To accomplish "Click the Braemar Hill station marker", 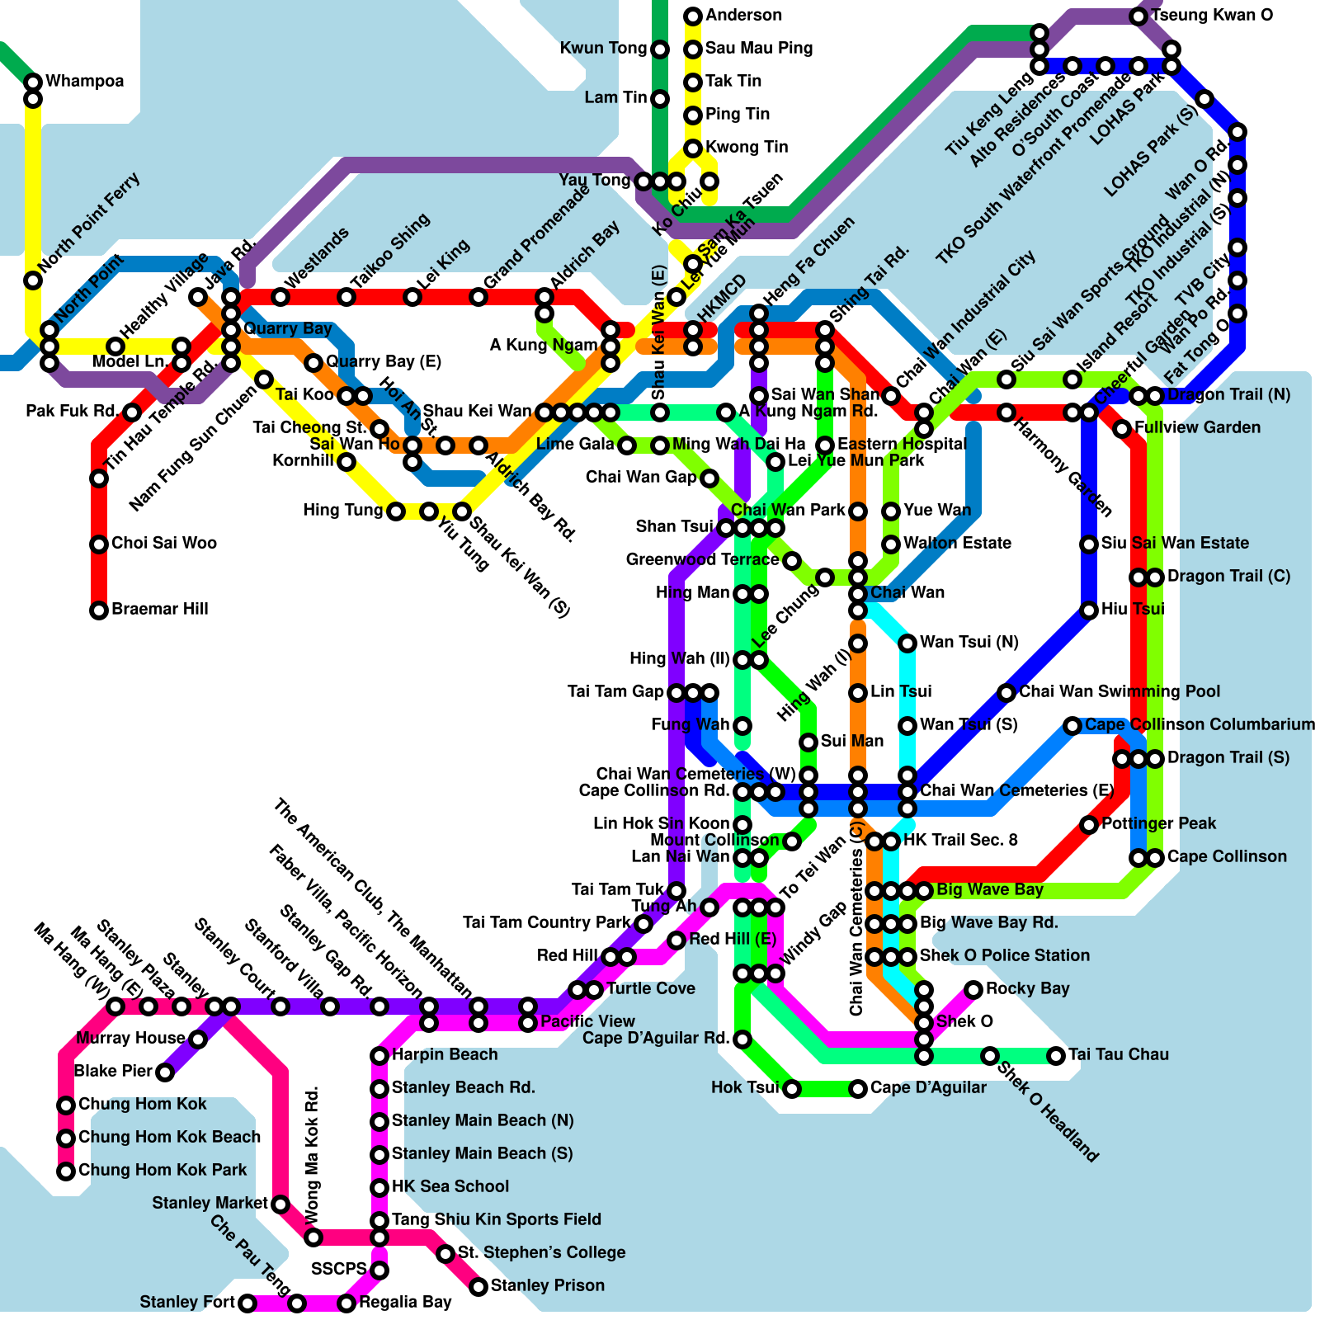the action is [x=99, y=610].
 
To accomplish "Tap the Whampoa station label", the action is [x=84, y=81].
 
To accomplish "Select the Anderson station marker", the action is [x=693, y=16].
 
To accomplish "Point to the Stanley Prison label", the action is [x=547, y=1285].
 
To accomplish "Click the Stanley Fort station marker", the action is [x=247, y=1303].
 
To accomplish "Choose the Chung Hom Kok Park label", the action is [x=162, y=1170].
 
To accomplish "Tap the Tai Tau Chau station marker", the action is [x=1056, y=1055].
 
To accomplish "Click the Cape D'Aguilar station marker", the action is [x=858, y=1089].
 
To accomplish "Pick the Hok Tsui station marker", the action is [x=792, y=1089].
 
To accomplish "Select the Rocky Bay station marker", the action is [x=973, y=989].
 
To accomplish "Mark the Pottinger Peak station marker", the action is [x=1089, y=824].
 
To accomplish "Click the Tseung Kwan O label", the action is [x=1211, y=16].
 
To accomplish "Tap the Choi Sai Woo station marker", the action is [x=99, y=544].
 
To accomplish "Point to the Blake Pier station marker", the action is [x=165, y=1072].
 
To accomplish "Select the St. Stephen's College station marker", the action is [x=445, y=1254].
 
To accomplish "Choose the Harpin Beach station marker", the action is [x=379, y=1055].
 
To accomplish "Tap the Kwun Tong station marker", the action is [x=660, y=49].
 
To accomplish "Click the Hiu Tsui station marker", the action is [x=1089, y=610].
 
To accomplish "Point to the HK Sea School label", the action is [x=450, y=1186].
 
